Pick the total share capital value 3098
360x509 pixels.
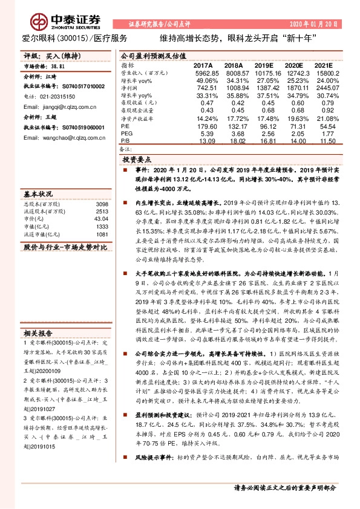coord(103,205)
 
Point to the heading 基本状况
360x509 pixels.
coord(37,195)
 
